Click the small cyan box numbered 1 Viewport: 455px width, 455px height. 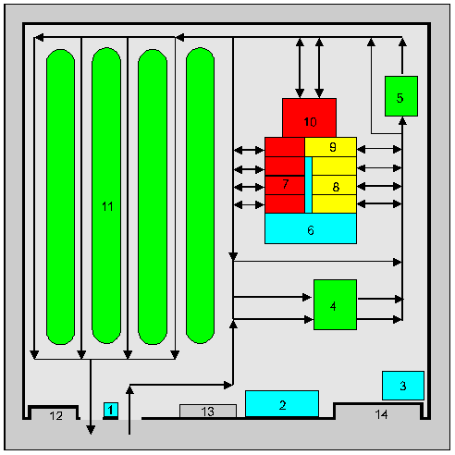point(111,410)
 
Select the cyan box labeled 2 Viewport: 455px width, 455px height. point(282,404)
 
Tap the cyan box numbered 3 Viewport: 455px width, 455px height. point(403,386)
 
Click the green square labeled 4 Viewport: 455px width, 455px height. point(335,304)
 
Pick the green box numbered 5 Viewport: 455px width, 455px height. point(401,96)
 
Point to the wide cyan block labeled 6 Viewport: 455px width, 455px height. point(311,228)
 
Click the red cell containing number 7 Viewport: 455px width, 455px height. point(285,185)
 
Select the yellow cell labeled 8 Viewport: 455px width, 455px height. point(334,185)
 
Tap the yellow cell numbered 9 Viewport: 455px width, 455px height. point(330,147)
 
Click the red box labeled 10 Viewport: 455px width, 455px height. point(309,117)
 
